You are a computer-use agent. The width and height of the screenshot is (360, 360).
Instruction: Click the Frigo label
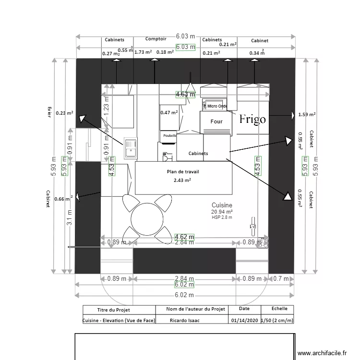[252, 119]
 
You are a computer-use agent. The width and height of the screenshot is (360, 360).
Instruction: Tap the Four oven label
[216, 121]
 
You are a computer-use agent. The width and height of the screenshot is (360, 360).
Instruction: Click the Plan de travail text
[183, 171]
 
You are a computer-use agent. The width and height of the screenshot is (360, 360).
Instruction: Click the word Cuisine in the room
[222, 205]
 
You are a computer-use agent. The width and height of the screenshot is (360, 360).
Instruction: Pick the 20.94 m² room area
[222, 212]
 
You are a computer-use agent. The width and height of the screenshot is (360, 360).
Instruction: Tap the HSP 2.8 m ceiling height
[222, 217]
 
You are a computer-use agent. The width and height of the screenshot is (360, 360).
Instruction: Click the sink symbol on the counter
[130, 147]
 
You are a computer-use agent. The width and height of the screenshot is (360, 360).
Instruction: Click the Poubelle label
[169, 136]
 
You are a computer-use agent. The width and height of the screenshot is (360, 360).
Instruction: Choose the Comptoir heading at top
[156, 39]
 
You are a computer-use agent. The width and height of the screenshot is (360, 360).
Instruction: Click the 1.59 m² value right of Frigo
[307, 115]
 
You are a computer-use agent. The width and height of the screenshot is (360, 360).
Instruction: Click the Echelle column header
[280, 309]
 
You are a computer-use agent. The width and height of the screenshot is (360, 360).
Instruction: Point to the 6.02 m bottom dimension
[184, 295]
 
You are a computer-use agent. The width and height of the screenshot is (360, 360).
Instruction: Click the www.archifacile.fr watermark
[322, 353]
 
